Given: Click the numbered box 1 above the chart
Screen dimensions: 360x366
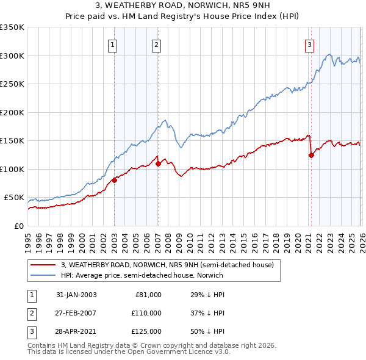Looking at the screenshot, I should (113, 44).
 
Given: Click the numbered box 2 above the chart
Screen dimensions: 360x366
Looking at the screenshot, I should (157, 44).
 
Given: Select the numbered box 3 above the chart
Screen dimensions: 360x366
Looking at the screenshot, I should (310, 44).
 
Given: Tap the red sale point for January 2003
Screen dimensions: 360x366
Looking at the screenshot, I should (114, 180).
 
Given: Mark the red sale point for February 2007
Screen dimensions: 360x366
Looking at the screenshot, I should (158, 164).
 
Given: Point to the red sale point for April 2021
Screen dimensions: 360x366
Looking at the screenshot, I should (311, 155).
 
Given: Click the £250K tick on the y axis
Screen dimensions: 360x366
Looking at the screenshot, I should (12, 84).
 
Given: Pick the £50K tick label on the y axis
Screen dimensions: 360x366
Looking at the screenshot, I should (14, 198).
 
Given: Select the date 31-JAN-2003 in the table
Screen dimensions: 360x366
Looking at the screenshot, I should (76, 294).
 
